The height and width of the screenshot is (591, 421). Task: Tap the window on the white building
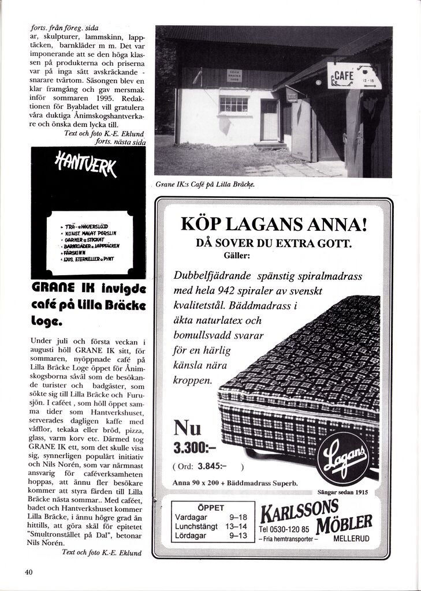tap(233, 104)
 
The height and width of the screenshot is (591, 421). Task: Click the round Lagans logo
tap(342, 458)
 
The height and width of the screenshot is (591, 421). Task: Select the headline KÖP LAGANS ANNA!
tap(274, 224)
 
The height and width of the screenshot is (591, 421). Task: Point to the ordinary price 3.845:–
tap(212, 466)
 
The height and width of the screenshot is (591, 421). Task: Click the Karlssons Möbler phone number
tap(284, 529)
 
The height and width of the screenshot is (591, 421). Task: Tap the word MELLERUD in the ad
tap(352, 538)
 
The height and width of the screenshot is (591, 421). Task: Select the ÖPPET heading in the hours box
tap(210, 507)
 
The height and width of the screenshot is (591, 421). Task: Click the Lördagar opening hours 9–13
tap(238, 536)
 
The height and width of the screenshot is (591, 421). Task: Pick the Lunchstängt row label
tap(196, 526)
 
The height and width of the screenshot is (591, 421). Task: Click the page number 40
tap(29, 572)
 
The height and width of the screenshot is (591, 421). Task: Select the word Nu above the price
tap(187, 428)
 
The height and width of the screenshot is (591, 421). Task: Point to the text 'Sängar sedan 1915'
tap(342, 492)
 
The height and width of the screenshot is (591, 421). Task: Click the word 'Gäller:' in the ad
tap(236, 255)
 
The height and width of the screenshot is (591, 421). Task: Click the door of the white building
tap(269, 119)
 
